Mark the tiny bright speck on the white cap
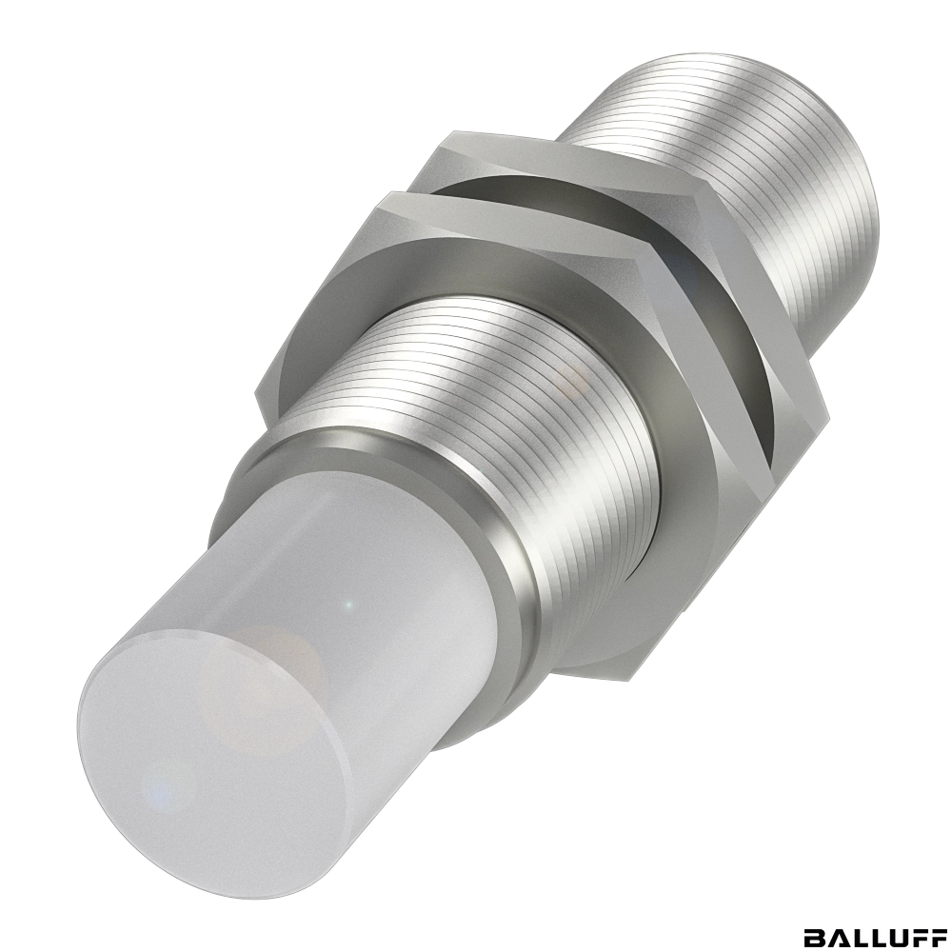point(347,605)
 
